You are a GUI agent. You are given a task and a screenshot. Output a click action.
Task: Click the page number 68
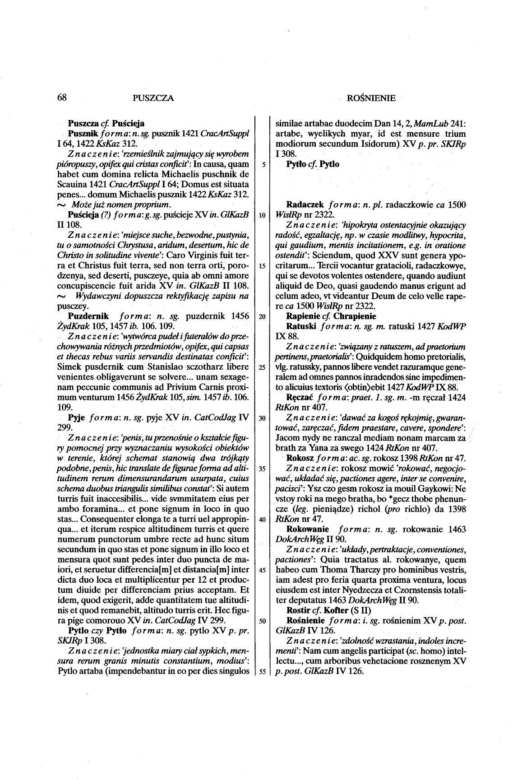(62, 97)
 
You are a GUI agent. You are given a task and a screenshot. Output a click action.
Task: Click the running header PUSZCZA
(153, 98)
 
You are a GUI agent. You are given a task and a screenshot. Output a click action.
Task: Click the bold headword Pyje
(77, 418)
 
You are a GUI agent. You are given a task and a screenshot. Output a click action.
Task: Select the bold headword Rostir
(298, 610)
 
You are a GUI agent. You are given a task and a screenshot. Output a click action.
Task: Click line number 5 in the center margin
(262, 164)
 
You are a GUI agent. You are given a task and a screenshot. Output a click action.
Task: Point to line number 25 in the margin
(262, 367)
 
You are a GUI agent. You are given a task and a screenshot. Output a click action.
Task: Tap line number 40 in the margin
(262, 519)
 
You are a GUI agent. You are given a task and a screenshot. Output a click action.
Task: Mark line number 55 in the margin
(262, 671)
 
